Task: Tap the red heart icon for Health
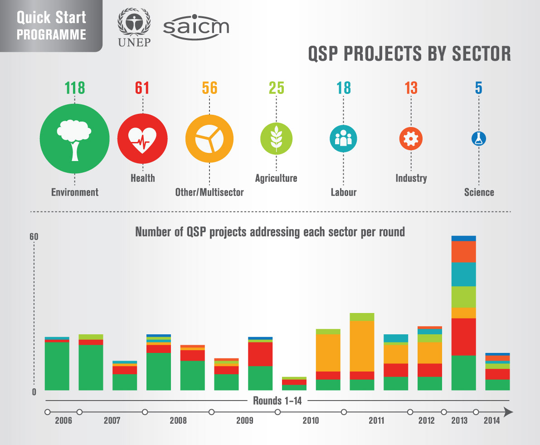142,139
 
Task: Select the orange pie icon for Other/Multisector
209,139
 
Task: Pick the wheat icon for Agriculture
276,139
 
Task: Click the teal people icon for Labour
343,139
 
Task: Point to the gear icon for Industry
411,139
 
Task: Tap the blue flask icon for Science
478,139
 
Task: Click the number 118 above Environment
74,88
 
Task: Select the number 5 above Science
479,88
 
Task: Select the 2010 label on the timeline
311,421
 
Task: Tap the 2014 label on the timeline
491,421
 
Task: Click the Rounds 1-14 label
277,401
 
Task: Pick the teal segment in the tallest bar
463,274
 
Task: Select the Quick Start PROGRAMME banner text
51,25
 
